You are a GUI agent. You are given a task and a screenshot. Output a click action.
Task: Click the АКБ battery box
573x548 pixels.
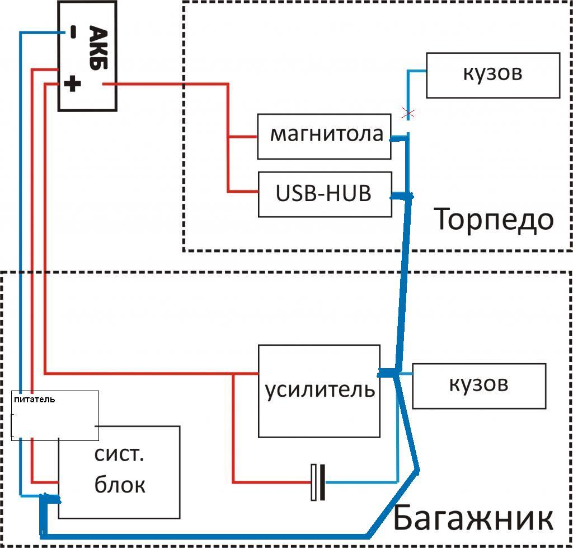[x=87, y=56]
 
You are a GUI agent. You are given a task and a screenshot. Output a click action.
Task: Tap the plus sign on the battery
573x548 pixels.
[x=72, y=85]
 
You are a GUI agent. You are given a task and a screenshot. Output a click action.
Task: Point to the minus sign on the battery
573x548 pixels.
[x=73, y=33]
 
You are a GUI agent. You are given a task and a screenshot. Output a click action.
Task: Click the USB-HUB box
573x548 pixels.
[x=324, y=194]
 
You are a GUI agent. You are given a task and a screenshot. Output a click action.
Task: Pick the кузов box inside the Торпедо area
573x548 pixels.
[x=493, y=75]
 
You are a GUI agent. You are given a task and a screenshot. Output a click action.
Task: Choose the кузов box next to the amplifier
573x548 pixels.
[x=478, y=386]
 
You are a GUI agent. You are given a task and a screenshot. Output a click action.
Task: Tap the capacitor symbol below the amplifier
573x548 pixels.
[x=318, y=482]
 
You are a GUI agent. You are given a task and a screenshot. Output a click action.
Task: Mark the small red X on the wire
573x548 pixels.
[x=408, y=114]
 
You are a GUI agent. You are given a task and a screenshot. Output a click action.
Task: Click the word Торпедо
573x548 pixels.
[x=494, y=220]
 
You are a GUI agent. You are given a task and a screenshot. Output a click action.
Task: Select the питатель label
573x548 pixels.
[x=34, y=400]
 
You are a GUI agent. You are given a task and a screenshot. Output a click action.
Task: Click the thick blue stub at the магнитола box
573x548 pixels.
[x=399, y=138]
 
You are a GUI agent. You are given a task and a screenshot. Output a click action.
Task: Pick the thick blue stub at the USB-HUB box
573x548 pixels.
[x=401, y=196]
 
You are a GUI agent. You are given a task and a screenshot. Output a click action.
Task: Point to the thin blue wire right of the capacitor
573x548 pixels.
[x=361, y=481]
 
